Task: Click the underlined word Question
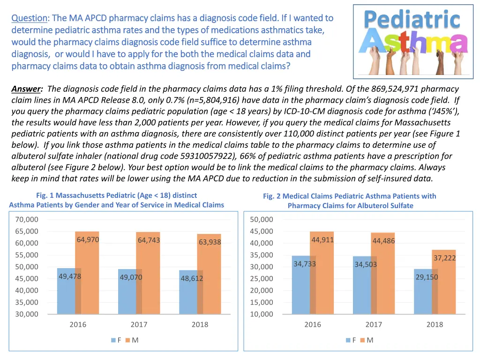coord(29,18)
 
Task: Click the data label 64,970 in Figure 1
coord(88,240)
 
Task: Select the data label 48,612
coord(192,279)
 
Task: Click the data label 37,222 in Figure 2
coord(444,258)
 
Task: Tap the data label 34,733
coord(305,264)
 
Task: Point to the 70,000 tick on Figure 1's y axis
coord(27,219)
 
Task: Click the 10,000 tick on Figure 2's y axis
coord(262,314)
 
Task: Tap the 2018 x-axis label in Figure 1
coord(200,324)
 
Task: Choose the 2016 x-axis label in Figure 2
coord(313,324)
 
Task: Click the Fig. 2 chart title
coord(350,201)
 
